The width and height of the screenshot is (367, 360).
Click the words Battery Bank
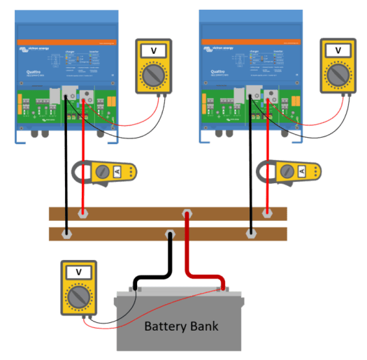180,326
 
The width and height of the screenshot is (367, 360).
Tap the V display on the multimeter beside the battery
78,272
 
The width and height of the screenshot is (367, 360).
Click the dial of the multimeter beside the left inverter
155,74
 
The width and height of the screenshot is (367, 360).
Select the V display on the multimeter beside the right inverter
340,50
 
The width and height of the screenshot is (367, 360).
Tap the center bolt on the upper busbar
187,214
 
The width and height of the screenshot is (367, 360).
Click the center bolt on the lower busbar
168,233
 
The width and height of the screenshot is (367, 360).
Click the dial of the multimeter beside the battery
78,296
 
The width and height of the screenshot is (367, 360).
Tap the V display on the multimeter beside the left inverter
155,50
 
